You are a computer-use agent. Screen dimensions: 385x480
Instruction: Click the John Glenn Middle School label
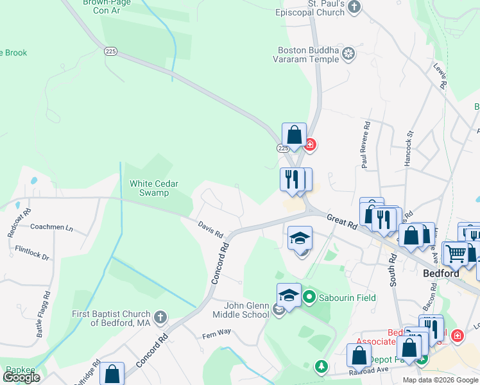coord(241,310)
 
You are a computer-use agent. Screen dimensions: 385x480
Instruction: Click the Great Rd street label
coord(341,223)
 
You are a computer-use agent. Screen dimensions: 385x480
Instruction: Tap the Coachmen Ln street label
coord(52,227)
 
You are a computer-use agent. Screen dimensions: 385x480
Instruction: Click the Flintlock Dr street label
coord(32,252)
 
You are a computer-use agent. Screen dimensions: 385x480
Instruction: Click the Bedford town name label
coord(441,273)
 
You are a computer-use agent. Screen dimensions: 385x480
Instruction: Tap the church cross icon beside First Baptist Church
coord(161,317)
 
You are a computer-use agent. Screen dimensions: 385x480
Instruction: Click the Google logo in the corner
coord(22,377)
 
